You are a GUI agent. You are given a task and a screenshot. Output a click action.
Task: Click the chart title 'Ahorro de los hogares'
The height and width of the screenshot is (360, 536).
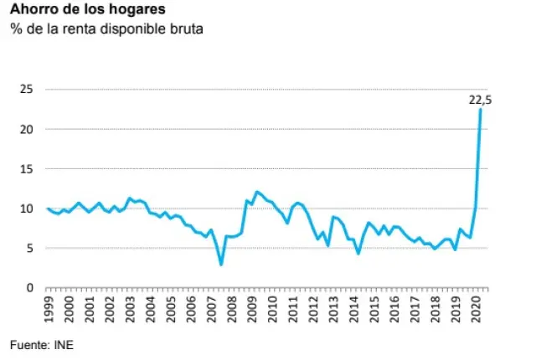pos(76,11)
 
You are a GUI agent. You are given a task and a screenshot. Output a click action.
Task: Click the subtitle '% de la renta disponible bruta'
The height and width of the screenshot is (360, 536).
pos(106,30)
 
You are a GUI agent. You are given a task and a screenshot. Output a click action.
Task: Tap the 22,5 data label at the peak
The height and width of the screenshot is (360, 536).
pos(479,100)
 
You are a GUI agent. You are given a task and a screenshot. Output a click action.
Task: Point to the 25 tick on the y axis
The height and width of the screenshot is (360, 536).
pos(27,89)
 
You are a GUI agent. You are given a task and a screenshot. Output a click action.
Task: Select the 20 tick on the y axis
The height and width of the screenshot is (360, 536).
pos(27,129)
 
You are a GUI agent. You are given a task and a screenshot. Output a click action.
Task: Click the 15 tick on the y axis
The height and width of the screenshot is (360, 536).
pos(27,168)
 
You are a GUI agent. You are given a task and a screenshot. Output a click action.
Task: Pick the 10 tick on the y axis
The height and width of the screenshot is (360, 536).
pos(27,208)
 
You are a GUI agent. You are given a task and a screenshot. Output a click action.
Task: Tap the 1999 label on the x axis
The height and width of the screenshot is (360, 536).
pos(49,310)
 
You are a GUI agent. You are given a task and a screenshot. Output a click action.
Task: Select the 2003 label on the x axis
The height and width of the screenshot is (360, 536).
pos(131,310)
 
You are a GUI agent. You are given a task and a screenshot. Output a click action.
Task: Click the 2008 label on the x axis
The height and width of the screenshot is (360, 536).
pos(232,310)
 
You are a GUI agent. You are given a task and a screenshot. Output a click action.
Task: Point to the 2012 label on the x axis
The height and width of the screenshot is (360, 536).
pos(313,310)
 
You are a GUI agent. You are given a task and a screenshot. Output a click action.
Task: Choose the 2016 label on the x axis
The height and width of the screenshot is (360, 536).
pos(394,310)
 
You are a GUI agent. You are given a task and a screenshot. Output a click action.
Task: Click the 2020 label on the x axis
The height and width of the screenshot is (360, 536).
pos(476,310)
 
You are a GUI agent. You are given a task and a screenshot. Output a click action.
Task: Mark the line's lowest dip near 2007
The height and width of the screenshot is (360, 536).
pos(221,265)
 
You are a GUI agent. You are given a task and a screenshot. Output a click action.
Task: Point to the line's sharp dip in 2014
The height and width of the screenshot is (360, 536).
pos(358,253)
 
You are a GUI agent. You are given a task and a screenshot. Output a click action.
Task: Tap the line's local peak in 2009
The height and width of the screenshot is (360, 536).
pos(257,192)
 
